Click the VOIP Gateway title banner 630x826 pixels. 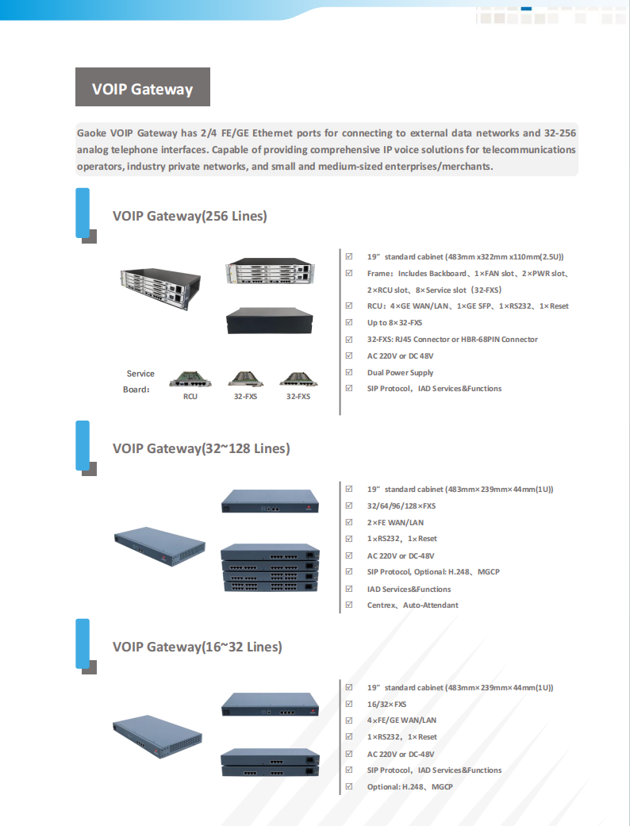point(143,87)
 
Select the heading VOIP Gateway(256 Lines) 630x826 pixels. point(190,216)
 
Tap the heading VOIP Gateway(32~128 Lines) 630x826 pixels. point(201,448)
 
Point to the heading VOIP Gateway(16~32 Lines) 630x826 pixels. point(197,647)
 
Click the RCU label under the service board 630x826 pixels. point(190,396)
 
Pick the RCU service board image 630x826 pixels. point(190,379)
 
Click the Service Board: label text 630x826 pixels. point(140,381)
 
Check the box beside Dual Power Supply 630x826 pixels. point(349,372)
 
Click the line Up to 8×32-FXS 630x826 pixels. point(394,323)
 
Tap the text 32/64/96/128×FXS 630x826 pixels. point(401,505)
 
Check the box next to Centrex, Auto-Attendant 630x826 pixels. point(349,605)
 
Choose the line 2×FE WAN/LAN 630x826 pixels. point(395,522)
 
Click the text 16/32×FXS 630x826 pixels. point(386,704)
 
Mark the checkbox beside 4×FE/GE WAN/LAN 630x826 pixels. point(349,720)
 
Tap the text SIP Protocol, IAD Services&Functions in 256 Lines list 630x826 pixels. point(434,389)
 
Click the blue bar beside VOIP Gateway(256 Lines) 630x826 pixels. point(83,213)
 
